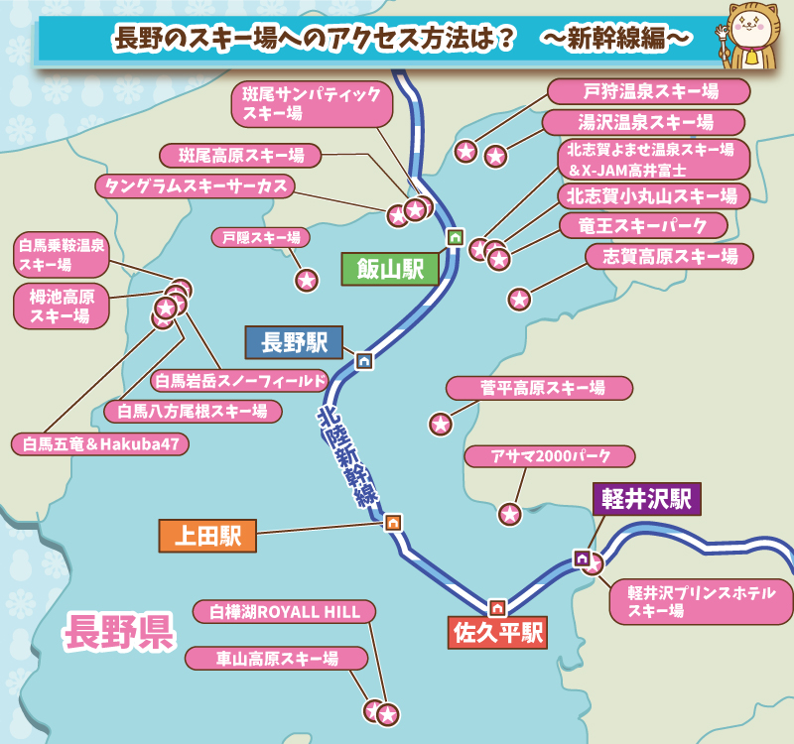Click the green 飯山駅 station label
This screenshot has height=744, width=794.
pyautogui.click(x=390, y=268)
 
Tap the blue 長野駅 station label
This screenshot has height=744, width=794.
pyautogui.click(x=294, y=343)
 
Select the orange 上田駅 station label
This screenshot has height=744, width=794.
pyautogui.click(x=207, y=536)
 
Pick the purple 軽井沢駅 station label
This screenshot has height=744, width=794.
pyautogui.click(x=647, y=498)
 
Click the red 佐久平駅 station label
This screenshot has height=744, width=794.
pyautogui.click(x=497, y=632)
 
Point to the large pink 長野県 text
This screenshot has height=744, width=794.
pyautogui.click(x=118, y=632)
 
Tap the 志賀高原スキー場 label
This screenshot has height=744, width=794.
pyautogui.click(x=669, y=257)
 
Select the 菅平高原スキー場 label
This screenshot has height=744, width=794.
pyautogui.click(x=540, y=387)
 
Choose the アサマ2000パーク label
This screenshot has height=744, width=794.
pyautogui.click(x=550, y=457)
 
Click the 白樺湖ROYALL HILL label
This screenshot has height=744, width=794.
pyautogui.click(x=284, y=611)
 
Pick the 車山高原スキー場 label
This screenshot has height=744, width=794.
pyautogui.click(x=277, y=658)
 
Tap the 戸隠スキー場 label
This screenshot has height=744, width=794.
pyautogui.click(x=261, y=238)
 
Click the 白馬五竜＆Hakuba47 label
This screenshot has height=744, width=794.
pyautogui.click(x=99, y=443)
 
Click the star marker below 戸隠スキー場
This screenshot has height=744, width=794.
pyautogui.click(x=307, y=280)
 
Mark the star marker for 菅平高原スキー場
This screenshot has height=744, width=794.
pyautogui.click(x=441, y=424)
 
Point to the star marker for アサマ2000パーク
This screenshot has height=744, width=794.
pyautogui.click(x=509, y=514)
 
